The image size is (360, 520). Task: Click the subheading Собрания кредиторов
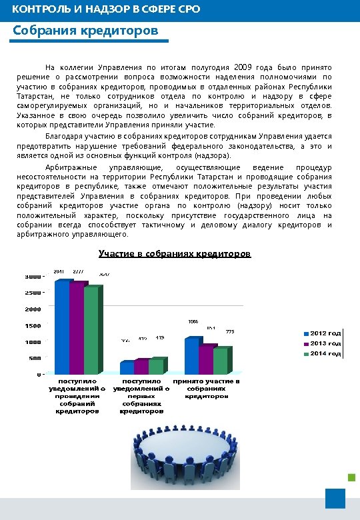[86, 32]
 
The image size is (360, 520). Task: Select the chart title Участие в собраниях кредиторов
[175, 254]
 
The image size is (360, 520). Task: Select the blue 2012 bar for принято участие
[192, 357]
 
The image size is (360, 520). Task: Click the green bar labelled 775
[221, 361]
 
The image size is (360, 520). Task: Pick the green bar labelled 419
[157, 367]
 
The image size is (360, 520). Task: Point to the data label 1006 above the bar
[193, 321]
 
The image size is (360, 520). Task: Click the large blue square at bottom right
[335, 498]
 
